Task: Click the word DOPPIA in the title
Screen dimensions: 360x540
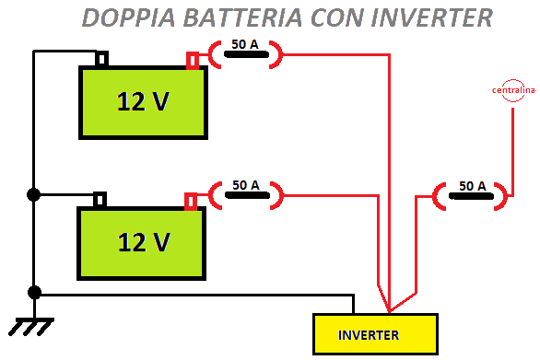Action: pos(127,17)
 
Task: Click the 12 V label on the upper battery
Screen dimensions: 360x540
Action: pos(143,102)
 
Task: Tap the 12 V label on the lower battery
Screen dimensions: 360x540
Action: pos(144,242)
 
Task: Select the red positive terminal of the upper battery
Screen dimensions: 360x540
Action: pos(193,61)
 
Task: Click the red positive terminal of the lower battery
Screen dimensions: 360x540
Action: pos(192,202)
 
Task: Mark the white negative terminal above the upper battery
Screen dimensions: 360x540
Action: pos(101,60)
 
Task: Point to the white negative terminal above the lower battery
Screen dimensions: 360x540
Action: pos(100,200)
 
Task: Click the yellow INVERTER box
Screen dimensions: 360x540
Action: pos(374,334)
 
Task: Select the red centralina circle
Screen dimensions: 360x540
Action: pos(512,90)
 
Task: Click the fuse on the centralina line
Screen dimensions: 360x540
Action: pos(471,195)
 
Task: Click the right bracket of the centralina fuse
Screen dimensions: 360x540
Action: pos(502,195)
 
